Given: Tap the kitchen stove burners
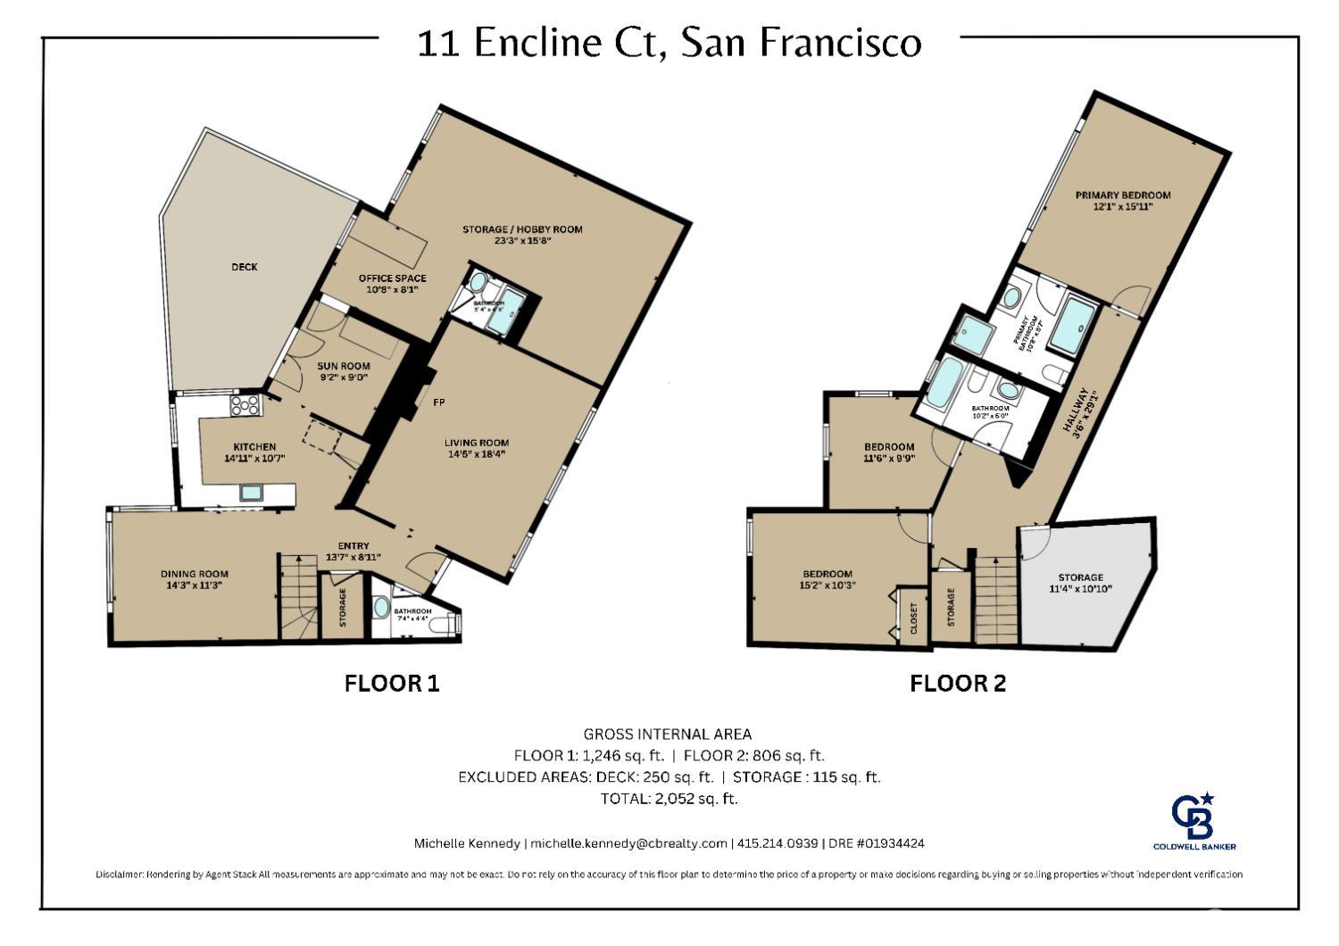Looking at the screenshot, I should [x=245, y=406].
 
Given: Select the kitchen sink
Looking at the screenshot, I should [x=251, y=492].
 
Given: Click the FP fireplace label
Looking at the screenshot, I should [x=439, y=402].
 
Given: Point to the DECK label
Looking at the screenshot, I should [x=245, y=267].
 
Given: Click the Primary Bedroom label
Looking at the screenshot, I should [x=1122, y=200].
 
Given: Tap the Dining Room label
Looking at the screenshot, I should [x=195, y=579].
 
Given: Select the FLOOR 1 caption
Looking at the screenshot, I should [x=392, y=684].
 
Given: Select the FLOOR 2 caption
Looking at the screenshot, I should [x=957, y=684].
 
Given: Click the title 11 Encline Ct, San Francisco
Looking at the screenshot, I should [x=669, y=42].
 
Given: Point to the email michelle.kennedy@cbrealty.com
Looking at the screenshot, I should [x=628, y=843].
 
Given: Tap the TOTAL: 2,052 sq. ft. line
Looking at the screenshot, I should [x=669, y=799].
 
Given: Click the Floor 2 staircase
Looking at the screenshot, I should [x=994, y=596].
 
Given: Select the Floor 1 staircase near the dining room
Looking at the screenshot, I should [x=298, y=596].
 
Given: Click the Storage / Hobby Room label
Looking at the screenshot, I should [x=522, y=235].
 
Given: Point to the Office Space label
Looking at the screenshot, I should [x=392, y=283].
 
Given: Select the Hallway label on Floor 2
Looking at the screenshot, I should [x=1080, y=411].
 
